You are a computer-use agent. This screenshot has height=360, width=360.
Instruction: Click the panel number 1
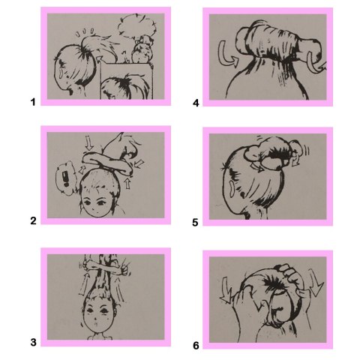point(33,102)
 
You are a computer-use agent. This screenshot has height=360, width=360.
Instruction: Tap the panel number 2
point(33,220)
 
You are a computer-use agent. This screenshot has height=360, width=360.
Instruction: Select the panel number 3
point(33,342)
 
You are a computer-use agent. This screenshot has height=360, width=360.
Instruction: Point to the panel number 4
point(196,103)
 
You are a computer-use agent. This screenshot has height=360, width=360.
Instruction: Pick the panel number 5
point(195,223)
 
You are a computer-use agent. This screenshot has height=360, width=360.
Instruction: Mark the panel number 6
point(196,346)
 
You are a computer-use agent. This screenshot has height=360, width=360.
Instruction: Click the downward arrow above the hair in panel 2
point(89,142)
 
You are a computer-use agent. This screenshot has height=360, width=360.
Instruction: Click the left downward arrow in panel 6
point(226,291)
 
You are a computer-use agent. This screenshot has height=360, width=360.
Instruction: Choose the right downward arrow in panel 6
point(316,283)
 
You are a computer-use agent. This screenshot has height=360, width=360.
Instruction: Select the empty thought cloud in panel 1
point(136,24)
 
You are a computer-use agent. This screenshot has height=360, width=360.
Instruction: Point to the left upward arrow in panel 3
point(84,283)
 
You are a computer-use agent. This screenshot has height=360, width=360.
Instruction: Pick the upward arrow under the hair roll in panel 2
point(127,183)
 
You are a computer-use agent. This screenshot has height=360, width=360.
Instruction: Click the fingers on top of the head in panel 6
point(290,273)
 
